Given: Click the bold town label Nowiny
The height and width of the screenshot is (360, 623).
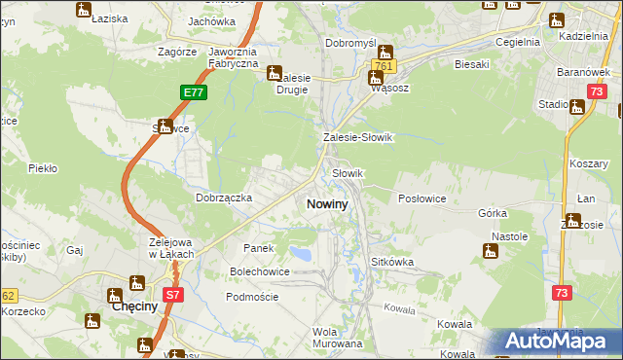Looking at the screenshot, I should click(x=327, y=204).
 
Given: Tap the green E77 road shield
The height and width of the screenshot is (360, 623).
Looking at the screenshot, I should click(x=193, y=92).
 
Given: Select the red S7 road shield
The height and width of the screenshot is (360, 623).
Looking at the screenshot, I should click(x=172, y=293).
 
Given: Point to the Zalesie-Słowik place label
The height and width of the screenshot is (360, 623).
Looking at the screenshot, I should click(x=357, y=138).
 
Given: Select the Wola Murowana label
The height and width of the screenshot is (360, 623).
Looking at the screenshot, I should click(x=337, y=338).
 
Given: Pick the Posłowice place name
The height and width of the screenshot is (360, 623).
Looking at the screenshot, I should click(x=422, y=198).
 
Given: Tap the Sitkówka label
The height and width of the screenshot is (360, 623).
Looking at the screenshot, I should click(x=393, y=263).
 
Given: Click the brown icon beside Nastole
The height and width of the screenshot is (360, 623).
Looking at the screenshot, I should click(x=491, y=252).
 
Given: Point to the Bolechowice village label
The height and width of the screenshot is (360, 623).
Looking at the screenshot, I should click(x=259, y=271).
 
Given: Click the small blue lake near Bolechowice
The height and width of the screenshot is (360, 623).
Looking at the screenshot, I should click(x=303, y=254).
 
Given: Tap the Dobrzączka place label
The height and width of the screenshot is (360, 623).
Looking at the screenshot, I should click(x=224, y=198).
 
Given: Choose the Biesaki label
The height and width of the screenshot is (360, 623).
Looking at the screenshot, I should click(x=471, y=64).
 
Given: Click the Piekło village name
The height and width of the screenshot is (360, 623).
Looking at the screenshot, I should click(x=43, y=168).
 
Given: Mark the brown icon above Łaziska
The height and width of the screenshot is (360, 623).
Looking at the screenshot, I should click(x=84, y=10).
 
